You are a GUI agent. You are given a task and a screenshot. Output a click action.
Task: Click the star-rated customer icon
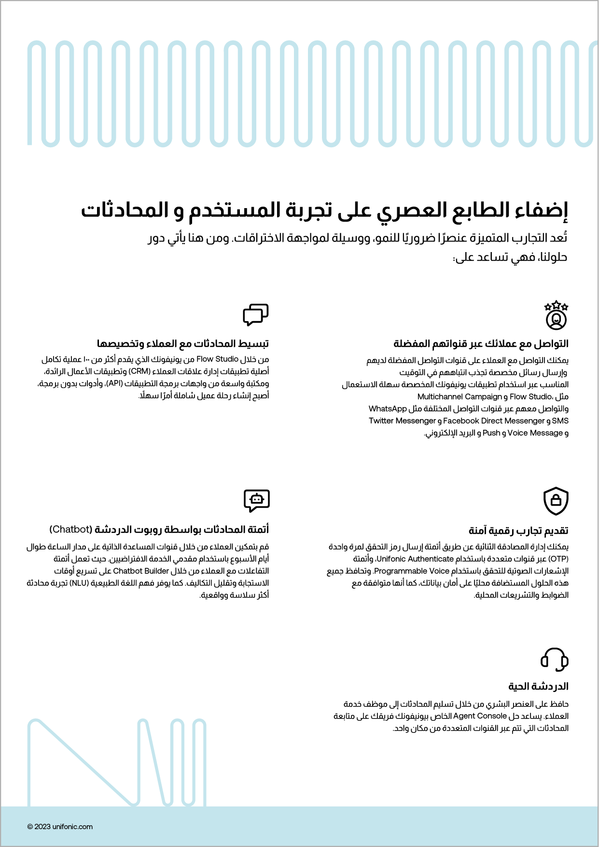556,315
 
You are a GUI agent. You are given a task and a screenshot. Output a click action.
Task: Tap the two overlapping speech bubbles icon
255,314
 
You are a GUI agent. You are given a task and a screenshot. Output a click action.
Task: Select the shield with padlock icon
556,501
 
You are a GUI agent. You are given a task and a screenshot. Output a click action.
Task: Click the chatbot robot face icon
256,500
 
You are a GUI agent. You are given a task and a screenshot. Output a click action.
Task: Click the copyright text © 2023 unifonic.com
60,826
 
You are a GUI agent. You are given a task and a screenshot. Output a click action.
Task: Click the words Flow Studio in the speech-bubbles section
217,359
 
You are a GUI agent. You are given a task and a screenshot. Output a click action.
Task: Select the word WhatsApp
388,409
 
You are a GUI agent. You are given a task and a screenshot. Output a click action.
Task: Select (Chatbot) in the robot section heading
70,529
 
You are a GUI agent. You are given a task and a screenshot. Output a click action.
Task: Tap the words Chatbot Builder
141,571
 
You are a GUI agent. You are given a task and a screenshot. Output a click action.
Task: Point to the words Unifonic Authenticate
415,559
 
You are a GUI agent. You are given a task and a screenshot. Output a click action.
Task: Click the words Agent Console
480,716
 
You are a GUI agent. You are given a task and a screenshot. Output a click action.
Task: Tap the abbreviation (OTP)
558,559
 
